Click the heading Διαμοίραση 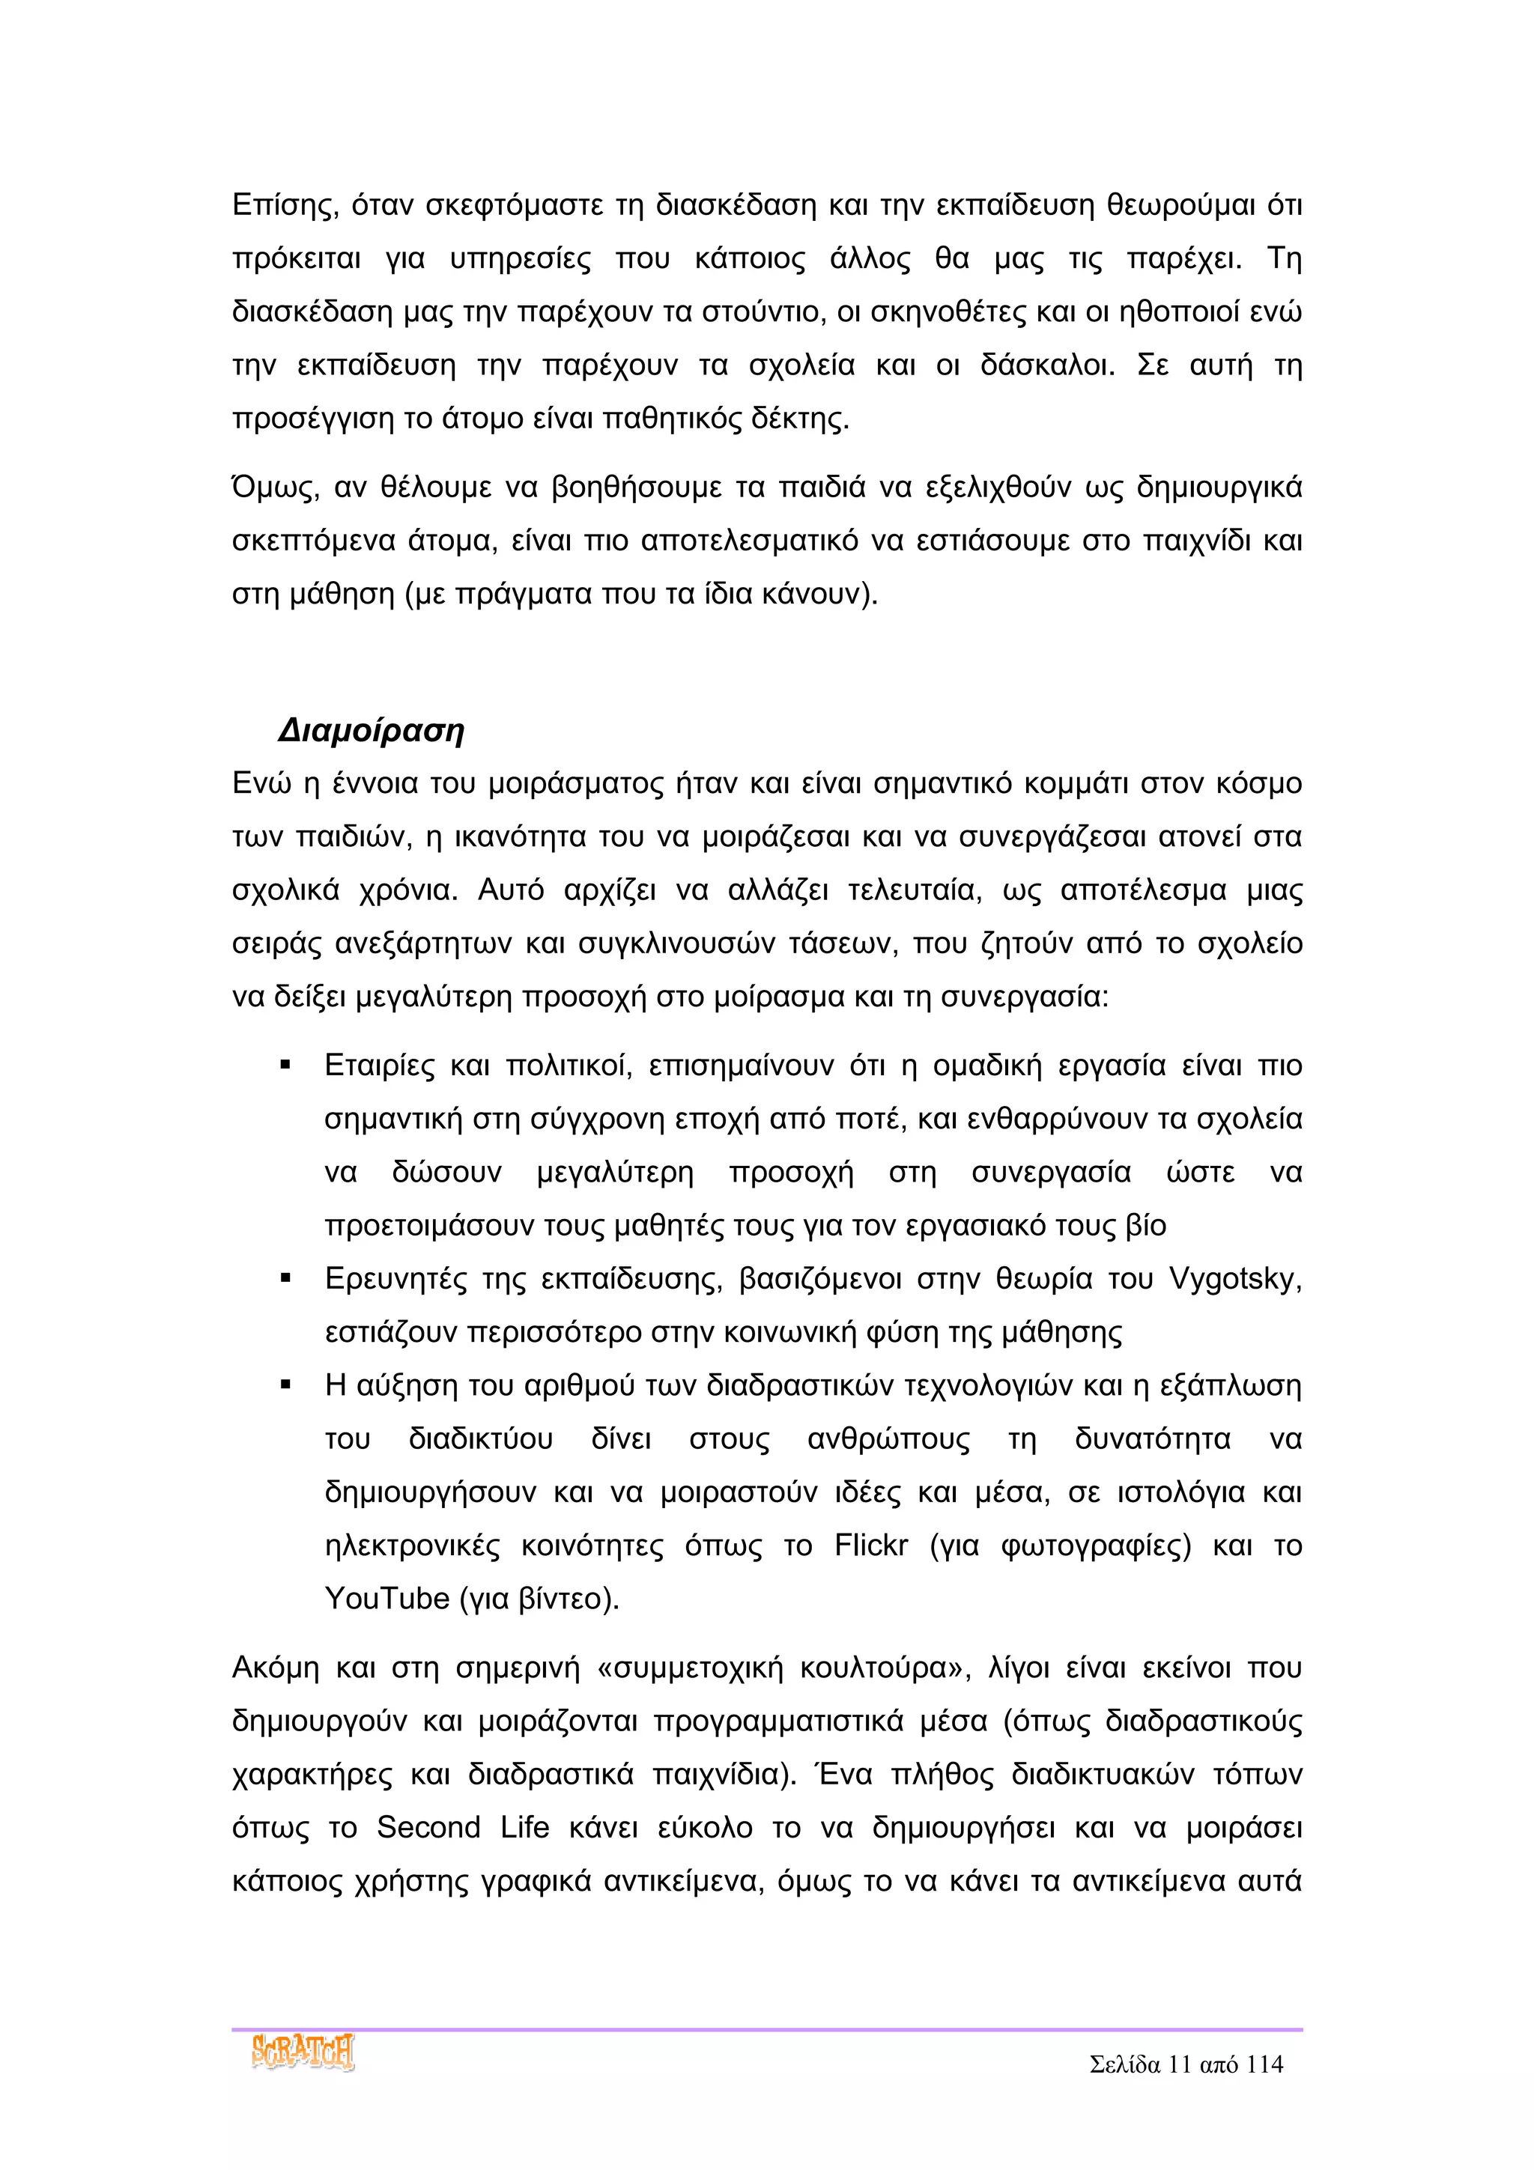[372, 731]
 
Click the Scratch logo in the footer [303, 2054]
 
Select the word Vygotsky [1234, 1279]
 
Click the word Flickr [870, 1546]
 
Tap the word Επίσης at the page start [285, 206]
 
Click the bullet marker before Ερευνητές [285, 1280]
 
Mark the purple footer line [766, 2029]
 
